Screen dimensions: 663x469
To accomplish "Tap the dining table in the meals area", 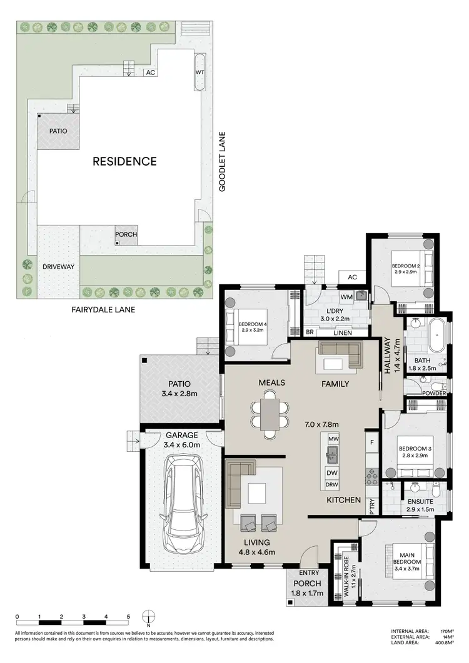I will coord(270,413).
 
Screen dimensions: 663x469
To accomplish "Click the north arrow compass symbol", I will coord(149,619).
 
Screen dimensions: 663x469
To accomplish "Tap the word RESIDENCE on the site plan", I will coord(124,161).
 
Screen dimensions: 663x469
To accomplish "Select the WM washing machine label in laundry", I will coord(346,296).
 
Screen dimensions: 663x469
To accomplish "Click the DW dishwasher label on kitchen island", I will coord(331,473).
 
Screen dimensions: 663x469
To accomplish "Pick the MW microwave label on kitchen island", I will coord(333,439).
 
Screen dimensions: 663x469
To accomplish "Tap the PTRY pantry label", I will coord(371,505).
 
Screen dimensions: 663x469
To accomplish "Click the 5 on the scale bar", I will coord(128,616).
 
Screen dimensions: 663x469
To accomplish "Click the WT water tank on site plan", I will coord(201,72).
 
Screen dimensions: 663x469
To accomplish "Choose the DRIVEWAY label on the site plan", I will coord(58,267).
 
